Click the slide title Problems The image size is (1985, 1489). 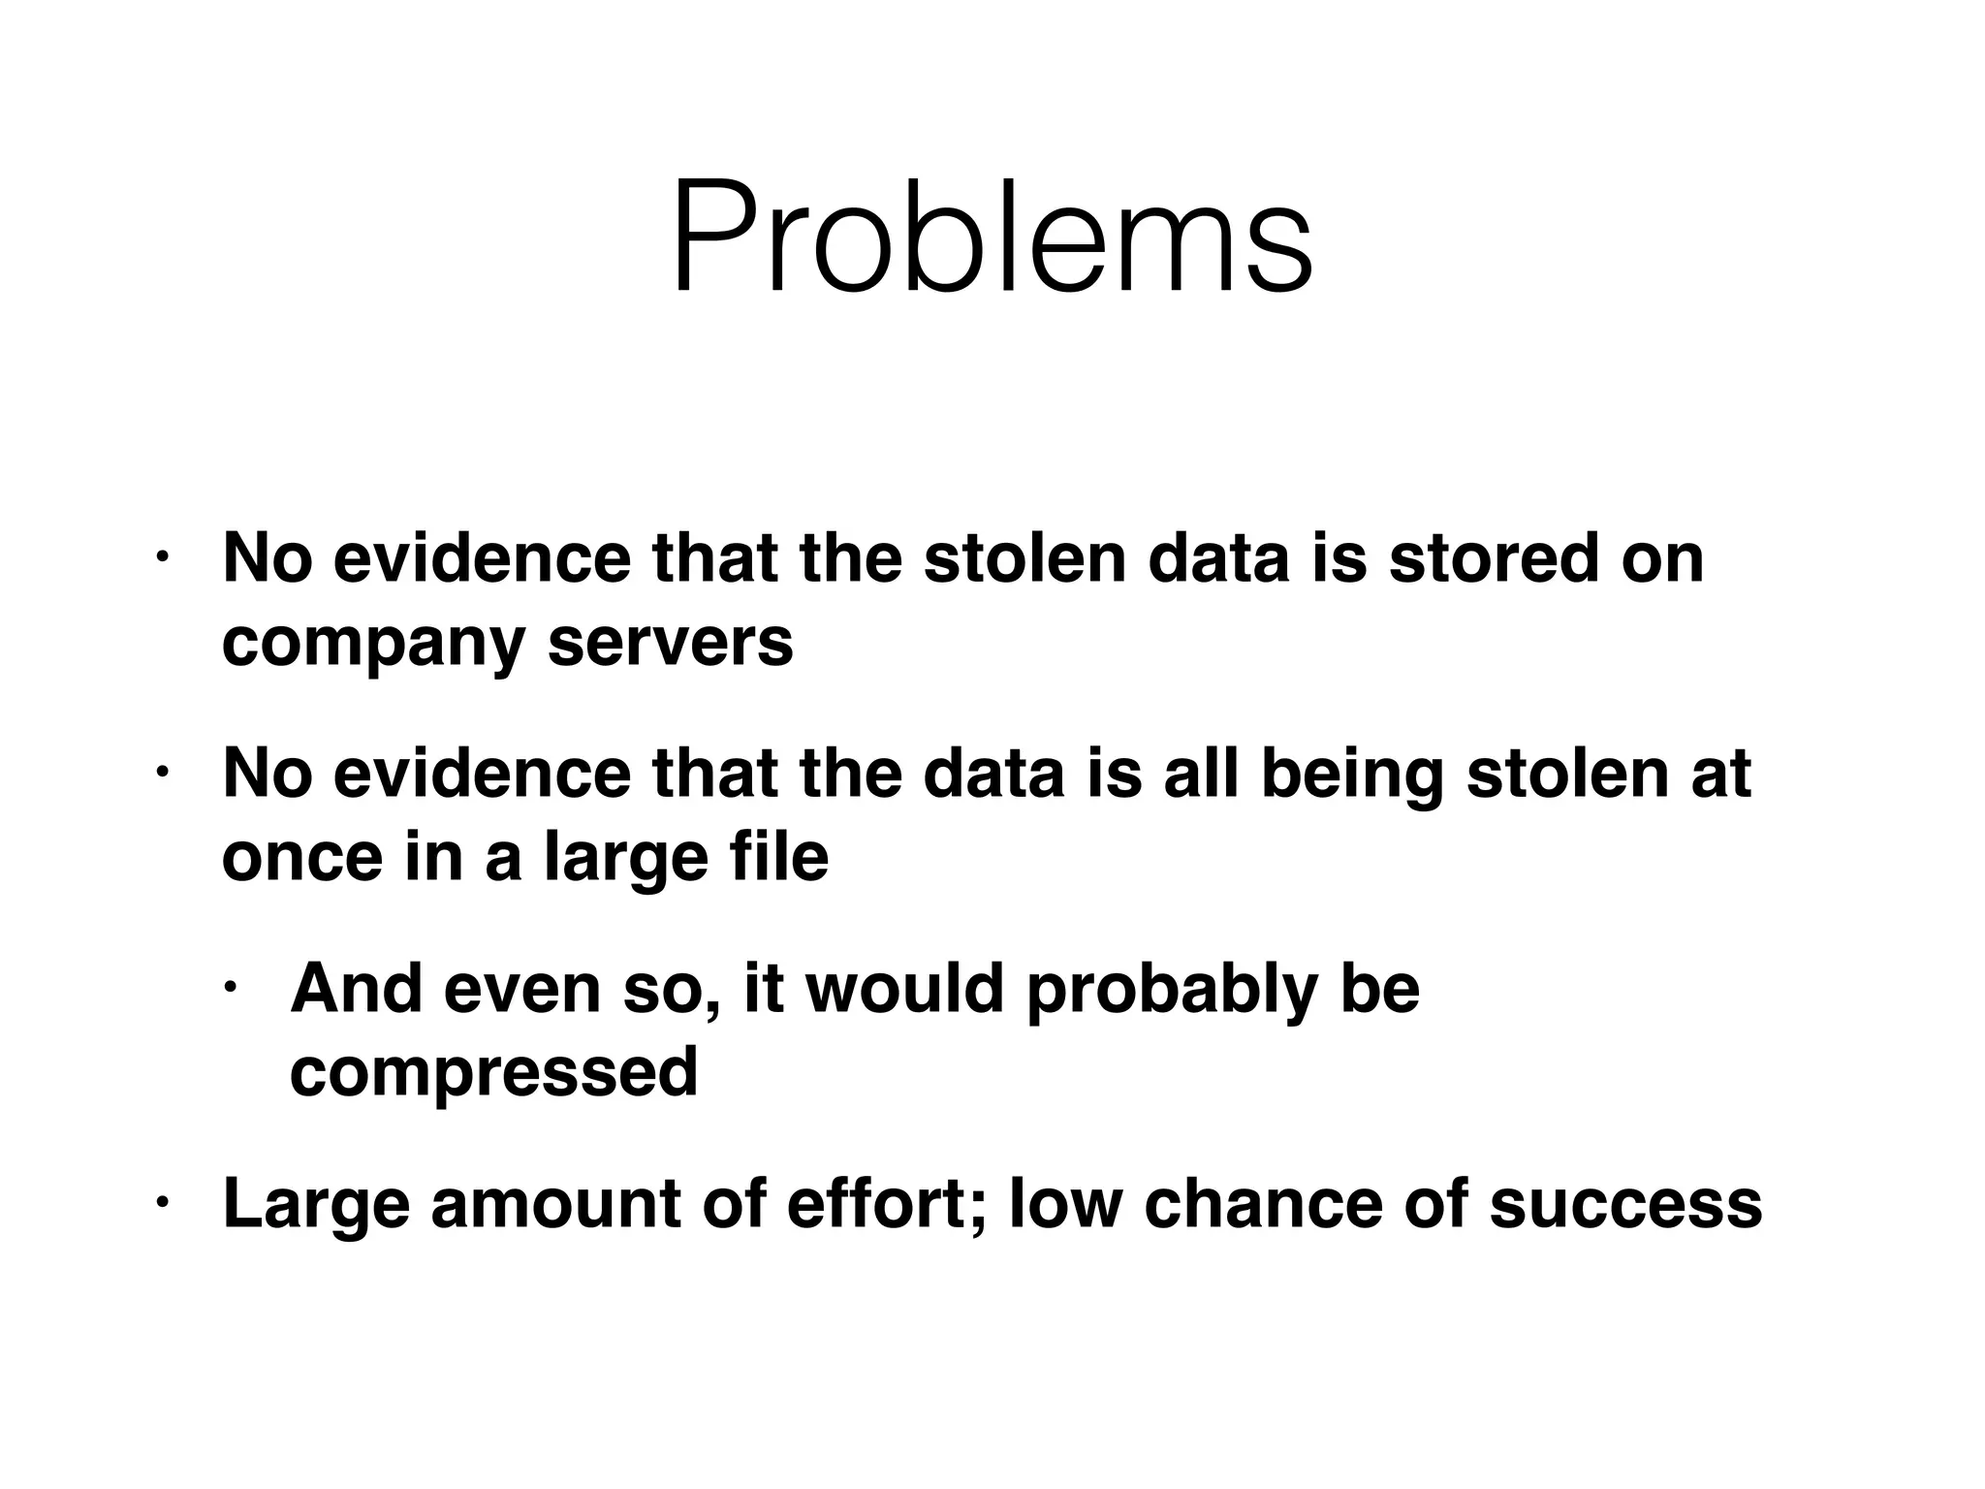pos(992,238)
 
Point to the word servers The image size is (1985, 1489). pos(670,643)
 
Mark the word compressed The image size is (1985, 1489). pos(493,1073)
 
